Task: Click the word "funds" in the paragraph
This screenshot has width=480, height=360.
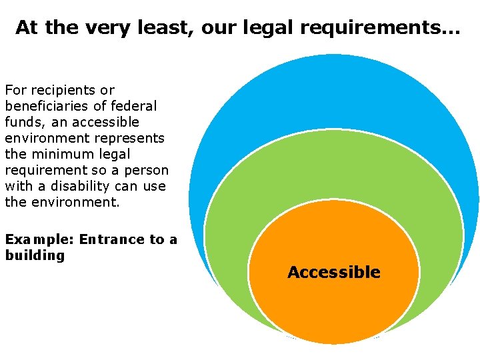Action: tap(24, 122)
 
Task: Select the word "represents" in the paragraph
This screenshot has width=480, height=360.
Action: tap(130, 138)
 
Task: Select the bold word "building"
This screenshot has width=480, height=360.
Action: tap(35, 255)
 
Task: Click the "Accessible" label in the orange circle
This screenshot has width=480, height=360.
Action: tap(333, 272)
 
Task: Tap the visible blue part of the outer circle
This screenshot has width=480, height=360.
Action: tap(333, 93)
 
